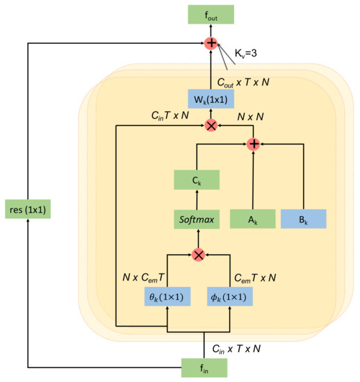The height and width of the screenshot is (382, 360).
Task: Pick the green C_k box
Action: (197, 178)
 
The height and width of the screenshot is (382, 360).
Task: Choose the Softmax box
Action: (197, 219)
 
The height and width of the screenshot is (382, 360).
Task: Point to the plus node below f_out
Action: (211, 44)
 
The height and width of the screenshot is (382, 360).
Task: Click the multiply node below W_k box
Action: (211, 126)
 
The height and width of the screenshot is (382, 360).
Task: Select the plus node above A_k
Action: (254, 144)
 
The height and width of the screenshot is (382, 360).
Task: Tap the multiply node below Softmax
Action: (198, 256)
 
